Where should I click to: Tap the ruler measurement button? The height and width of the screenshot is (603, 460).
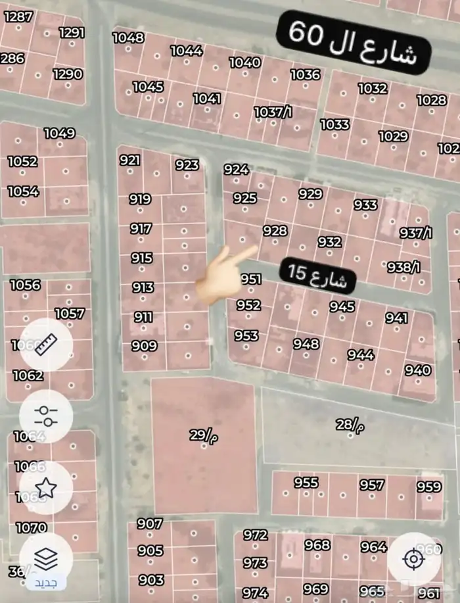(x=46, y=344)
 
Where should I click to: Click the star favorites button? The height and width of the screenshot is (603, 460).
(x=46, y=487)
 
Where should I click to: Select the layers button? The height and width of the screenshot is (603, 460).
(x=46, y=560)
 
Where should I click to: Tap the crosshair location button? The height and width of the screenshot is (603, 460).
(x=413, y=560)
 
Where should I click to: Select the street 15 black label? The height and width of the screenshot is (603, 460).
(x=318, y=275)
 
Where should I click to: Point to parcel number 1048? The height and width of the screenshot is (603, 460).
(x=128, y=37)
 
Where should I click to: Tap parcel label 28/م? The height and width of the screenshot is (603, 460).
(x=350, y=425)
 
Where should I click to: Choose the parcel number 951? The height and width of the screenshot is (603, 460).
(x=251, y=279)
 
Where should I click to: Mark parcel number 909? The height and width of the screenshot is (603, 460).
(x=144, y=346)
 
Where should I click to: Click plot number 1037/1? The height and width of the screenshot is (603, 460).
(x=273, y=112)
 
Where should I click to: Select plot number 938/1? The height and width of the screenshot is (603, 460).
(x=402, y=267)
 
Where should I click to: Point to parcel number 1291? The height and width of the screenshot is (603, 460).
(x=72, y=32)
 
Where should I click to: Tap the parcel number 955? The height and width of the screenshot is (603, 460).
(x=306, y=483)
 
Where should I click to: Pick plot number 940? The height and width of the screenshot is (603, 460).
(x=418, y=370)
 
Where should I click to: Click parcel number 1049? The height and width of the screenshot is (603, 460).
(x=59, y=133)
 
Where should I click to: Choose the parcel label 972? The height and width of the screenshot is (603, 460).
(x=256, y=535)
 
